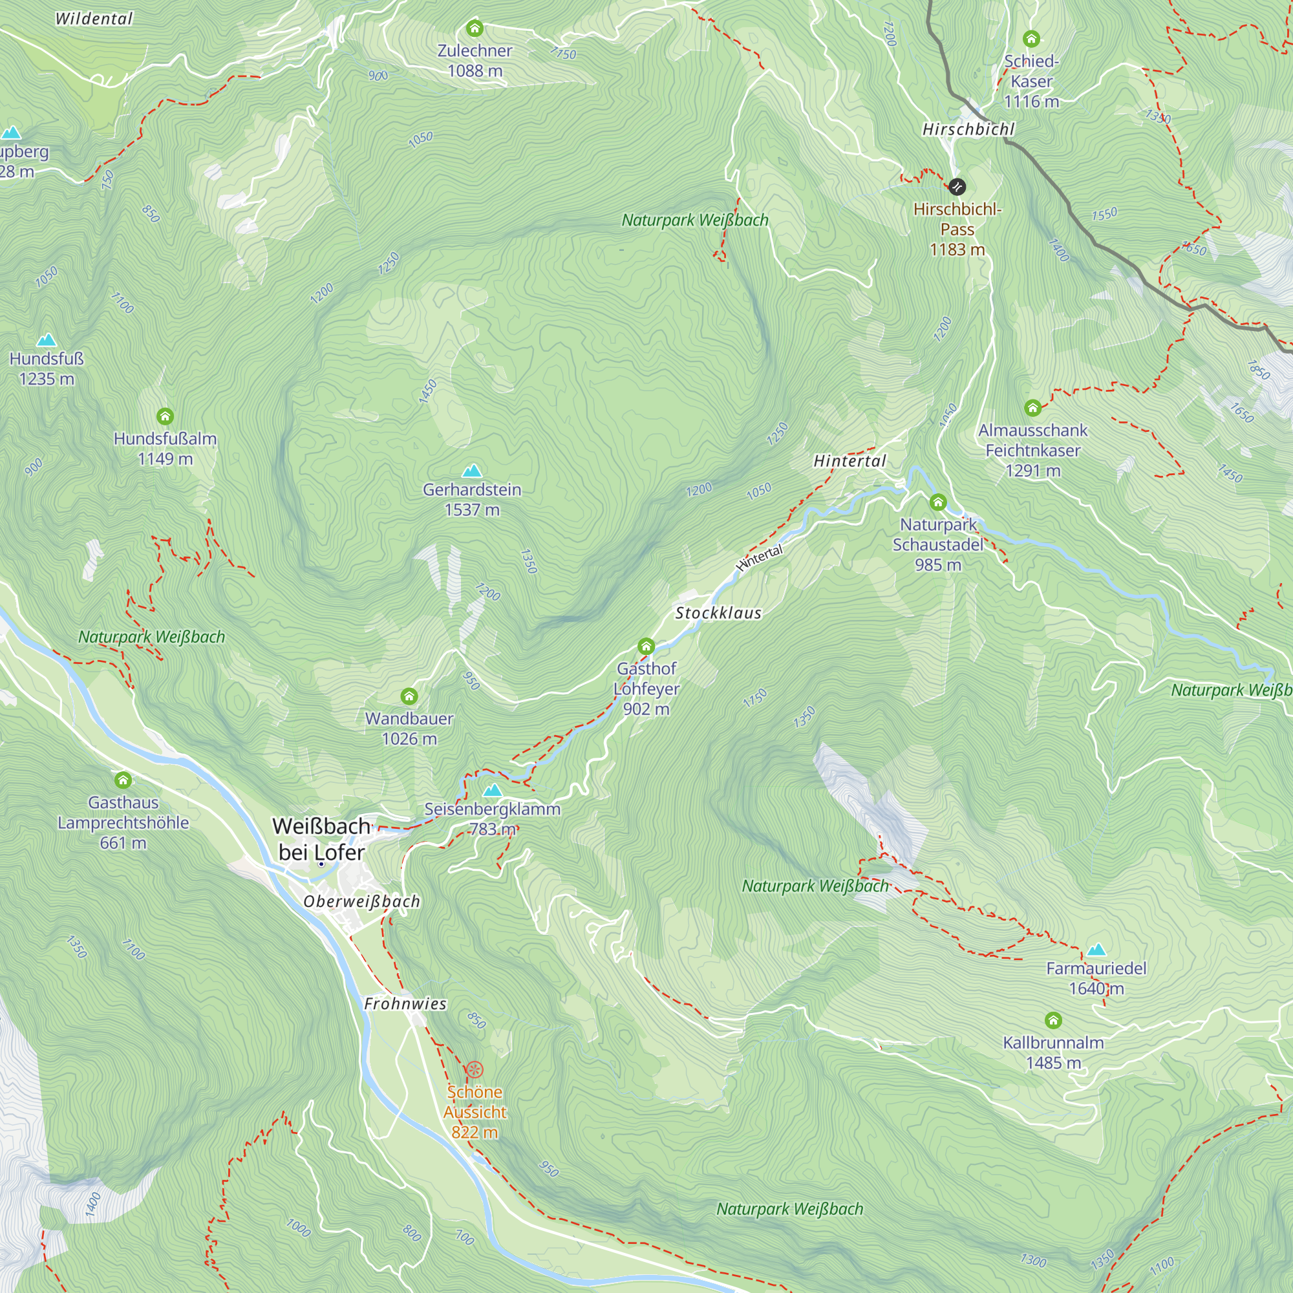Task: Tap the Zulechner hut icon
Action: [475, 28]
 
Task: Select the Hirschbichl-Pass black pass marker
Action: [957, 187]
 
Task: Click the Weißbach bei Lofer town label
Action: [321, 839]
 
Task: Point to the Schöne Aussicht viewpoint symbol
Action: [475, 1069]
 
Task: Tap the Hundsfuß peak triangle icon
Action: [46, 340]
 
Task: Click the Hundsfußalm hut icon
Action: [166, 416]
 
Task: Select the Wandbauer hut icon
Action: [409, 696]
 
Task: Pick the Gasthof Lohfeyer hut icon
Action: [646, 646]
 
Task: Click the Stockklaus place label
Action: [718, 613]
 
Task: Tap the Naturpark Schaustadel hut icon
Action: [937, 502]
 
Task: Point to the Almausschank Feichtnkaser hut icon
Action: [1032, 407]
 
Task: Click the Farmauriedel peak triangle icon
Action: [1096, 949]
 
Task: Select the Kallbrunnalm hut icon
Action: [1053, 1020]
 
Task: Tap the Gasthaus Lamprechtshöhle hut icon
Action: [123, 780]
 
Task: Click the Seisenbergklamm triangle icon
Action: [493, 790]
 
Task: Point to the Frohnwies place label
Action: [405, 1004]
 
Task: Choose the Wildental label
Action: [94, 19]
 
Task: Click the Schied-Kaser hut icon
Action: [1031, 39]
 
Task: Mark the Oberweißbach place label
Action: [361, 901]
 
